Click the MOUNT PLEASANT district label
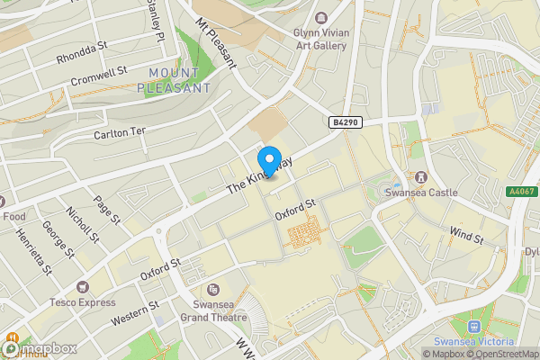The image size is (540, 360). tap(175, 81)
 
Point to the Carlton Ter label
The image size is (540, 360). tap(120, 131)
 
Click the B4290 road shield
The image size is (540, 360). tap(345, 122)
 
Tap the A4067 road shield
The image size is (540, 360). tap(522, 192)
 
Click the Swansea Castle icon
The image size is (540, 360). tap(419, 176)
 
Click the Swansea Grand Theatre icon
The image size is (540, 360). tap(213, 290)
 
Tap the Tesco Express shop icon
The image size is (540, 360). tap(83, 286)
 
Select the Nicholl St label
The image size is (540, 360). tap(82, 224)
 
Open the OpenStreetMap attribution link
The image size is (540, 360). tap(502, 354)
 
